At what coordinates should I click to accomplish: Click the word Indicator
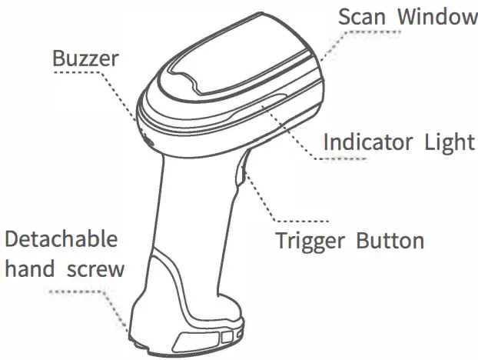click(366, 142)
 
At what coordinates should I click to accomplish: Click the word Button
click(390, 241)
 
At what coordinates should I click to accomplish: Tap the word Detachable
click(61, 239)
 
